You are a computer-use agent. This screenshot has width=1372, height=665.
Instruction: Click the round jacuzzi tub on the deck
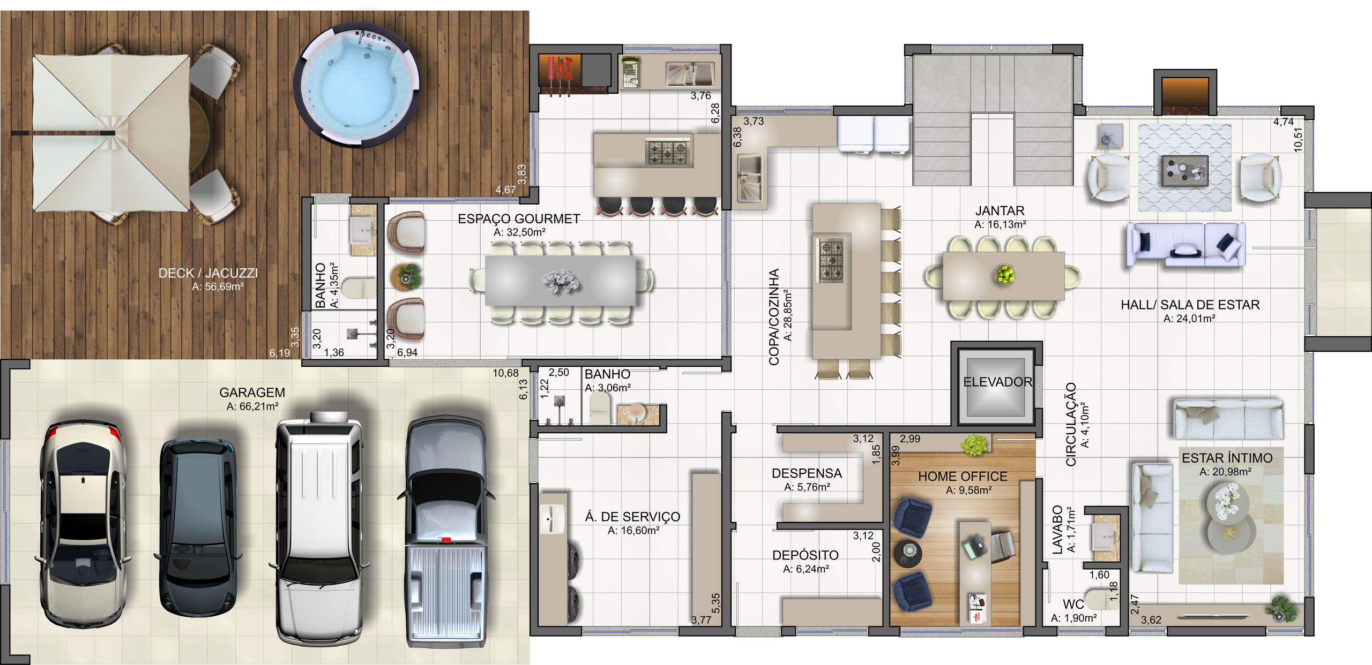[x=357, y=84]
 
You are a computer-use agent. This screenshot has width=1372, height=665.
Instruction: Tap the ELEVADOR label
[x=997, y=382]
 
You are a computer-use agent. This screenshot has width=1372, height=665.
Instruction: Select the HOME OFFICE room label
[x=963, y=476]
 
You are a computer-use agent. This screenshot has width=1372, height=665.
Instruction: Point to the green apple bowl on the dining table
[x=1005, y=274]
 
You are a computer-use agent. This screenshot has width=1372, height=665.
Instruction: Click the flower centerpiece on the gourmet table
[x=561, y=281]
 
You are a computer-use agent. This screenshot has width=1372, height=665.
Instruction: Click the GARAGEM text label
[x=252, y=392]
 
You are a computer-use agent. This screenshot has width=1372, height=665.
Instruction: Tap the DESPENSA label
[x=807, y=473]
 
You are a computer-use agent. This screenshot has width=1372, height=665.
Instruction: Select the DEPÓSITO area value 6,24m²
[x=806, y=569]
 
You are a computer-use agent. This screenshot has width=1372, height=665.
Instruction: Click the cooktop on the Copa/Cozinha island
[x=830, y=261]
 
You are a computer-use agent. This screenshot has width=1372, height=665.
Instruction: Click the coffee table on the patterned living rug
[x=1185, y=170]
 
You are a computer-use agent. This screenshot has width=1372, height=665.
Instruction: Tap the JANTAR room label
[x=1000, y=210]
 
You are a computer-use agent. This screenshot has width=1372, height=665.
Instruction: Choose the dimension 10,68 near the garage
[x=506, y=373]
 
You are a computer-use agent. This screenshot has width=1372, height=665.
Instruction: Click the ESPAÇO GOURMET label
[x=519, y=218]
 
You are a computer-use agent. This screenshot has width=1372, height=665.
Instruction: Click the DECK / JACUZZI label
[x=208, y=273]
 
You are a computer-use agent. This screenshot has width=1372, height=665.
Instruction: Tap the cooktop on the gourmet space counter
[x=668, y=150]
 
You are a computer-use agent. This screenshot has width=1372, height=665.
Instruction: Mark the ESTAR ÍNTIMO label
[x=1226, y=458]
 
